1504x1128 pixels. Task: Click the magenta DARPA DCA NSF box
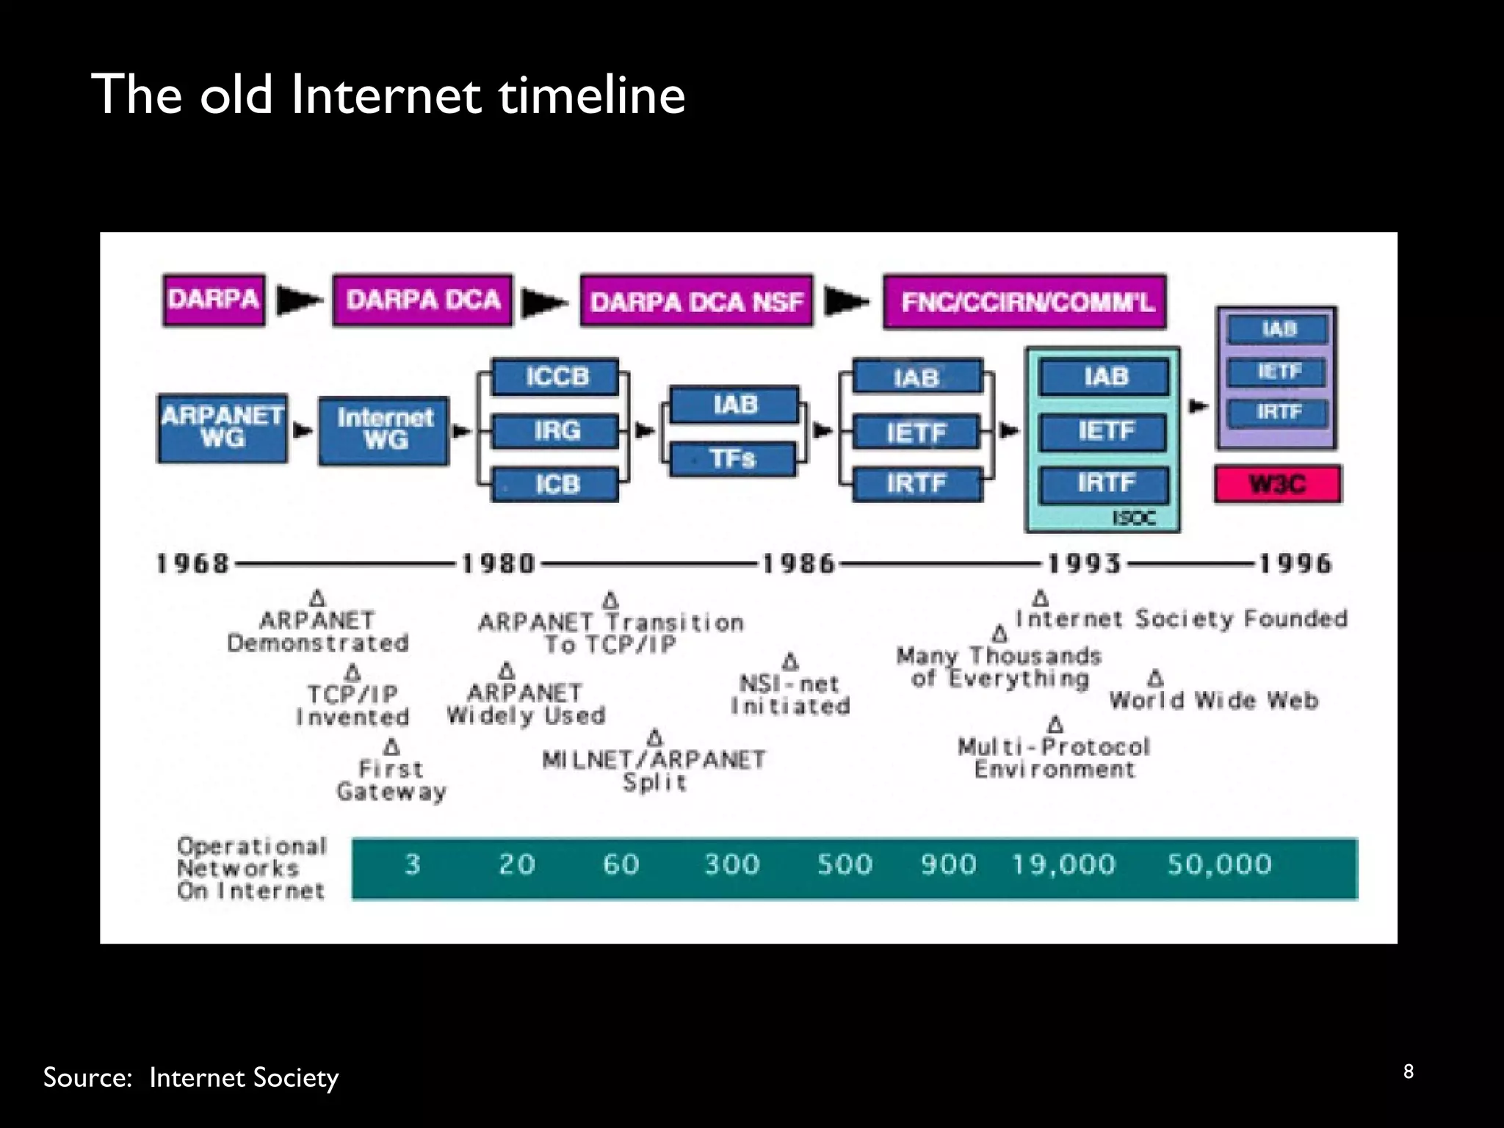click(696, 301)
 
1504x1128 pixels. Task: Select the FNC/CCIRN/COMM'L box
click(1024, 302)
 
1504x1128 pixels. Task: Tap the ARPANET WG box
click(222, 428)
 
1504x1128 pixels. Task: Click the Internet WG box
click(384, 430)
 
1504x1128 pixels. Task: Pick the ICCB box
click(556, 377)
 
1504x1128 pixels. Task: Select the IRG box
click(556, 430)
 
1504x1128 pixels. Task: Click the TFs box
click(732, 459)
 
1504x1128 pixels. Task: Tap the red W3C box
click(1277, 484)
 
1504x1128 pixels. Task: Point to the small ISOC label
click(1133, 518)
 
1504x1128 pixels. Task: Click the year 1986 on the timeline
click(799, 564)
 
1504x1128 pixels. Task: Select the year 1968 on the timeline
click(193, 564)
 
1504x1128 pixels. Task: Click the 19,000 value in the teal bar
click(1063, 864)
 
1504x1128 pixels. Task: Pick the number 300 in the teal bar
click(732, 864)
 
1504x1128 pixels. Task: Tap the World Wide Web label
click(1213, 701)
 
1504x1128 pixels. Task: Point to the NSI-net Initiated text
click(790, 695)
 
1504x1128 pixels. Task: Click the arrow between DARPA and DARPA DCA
click(299, 300)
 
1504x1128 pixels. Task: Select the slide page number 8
click(1408, 1071)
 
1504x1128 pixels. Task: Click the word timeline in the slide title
click(591, 95)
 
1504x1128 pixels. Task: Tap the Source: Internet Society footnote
click(191, 1077)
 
